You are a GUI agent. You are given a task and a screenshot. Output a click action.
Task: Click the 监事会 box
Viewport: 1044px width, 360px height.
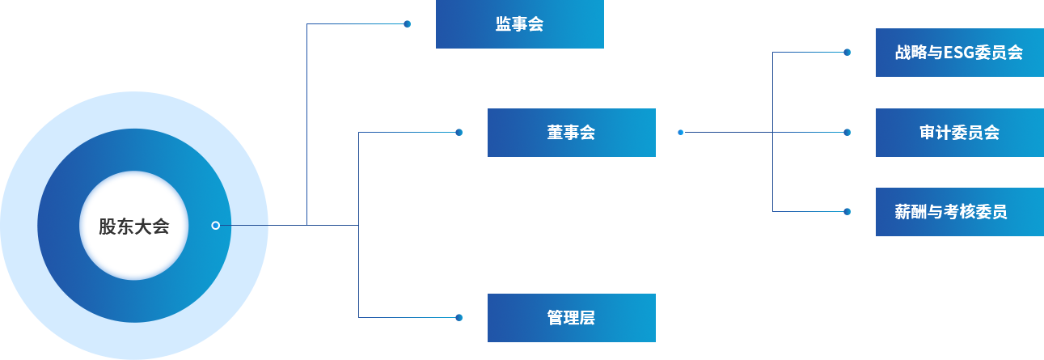tap(519, 24)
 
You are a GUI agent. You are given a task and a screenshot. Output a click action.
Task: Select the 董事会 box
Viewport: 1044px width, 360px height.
tap(571, 132)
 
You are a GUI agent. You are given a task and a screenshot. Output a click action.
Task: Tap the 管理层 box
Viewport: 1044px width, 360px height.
tap(571, 317)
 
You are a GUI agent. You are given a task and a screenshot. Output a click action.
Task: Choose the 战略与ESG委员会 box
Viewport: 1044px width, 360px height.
tap(958, 53)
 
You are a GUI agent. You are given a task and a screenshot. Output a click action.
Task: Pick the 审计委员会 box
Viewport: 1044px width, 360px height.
tap(958, 132)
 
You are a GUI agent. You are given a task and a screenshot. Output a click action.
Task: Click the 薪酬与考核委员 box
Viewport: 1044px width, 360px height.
tap(958, 212)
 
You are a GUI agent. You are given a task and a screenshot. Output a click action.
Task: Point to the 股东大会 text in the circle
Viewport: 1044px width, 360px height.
tap(134, 226)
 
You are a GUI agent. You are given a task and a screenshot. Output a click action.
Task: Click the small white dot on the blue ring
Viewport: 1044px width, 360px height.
tap(215, 226)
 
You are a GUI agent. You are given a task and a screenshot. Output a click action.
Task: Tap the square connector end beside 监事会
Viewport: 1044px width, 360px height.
tap(408, 24)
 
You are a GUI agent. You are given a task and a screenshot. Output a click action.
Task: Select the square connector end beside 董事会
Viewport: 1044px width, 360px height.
tap(459, 132)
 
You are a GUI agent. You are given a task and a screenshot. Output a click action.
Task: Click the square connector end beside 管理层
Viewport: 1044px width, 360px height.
tap(459, 317)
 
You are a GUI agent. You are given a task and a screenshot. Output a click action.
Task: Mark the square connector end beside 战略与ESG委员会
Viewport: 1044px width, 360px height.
tap(847, 53)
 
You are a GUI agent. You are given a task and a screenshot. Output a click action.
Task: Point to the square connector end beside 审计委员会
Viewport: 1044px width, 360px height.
tap(847, 132)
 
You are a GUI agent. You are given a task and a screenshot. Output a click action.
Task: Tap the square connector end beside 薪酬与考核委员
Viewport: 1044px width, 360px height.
tap(847, 212)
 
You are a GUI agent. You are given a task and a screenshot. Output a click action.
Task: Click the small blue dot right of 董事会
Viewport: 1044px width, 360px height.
tap(681, 132)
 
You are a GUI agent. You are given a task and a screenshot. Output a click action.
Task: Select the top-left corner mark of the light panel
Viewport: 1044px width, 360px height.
tap(39, 129)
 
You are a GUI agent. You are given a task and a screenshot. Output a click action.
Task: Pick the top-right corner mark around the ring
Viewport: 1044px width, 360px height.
tap(230, 129)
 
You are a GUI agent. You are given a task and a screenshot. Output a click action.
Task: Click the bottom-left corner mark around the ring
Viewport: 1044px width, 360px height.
tap(39, 321)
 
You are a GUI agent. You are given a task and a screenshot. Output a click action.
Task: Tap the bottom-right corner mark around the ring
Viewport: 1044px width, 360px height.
tap(230, 321)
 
